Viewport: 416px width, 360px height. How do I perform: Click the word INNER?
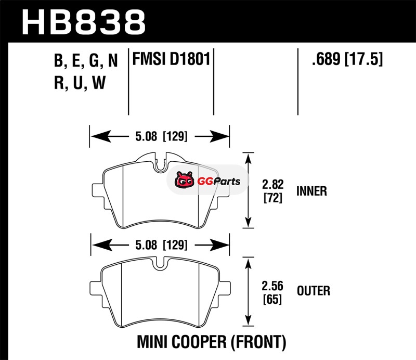[311, 191]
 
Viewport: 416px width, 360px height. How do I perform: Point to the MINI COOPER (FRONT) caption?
[211, 342]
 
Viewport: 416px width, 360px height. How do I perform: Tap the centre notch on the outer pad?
[161, 264]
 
